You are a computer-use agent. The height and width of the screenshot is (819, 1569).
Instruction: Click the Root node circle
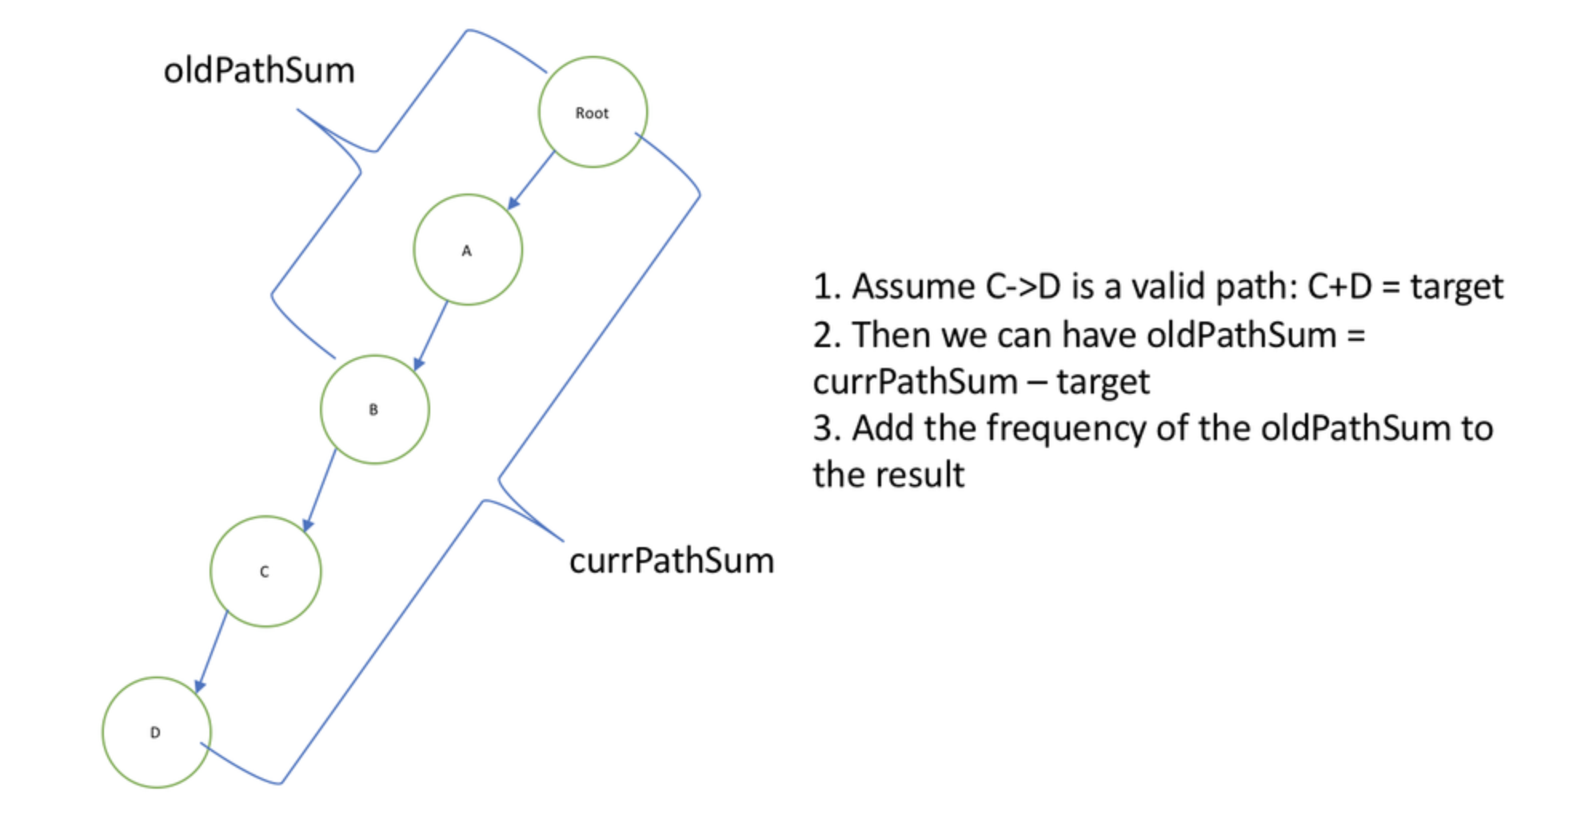[x=593, y=112]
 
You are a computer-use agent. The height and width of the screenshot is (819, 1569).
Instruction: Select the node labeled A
[x=468, y=250]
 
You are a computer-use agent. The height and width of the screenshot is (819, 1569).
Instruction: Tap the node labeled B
[x=374, y=409]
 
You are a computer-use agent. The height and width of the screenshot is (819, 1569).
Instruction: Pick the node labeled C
[x=265, y=571]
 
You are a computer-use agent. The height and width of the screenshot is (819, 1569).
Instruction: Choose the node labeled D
[x=156, y=733]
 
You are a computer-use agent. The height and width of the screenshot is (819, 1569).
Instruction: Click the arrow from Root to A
[x=532, y=180]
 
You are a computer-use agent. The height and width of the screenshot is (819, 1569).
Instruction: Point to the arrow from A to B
[x=431, y=336]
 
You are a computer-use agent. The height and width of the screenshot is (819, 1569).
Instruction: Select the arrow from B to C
[x=320, y=489]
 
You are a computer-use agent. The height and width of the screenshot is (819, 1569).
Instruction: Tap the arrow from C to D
[x=212, y=651]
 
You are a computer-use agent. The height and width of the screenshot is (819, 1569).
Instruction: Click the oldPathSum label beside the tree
[x=259, y=70]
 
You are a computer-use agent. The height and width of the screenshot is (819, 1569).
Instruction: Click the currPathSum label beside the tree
[x=672, y=561]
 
